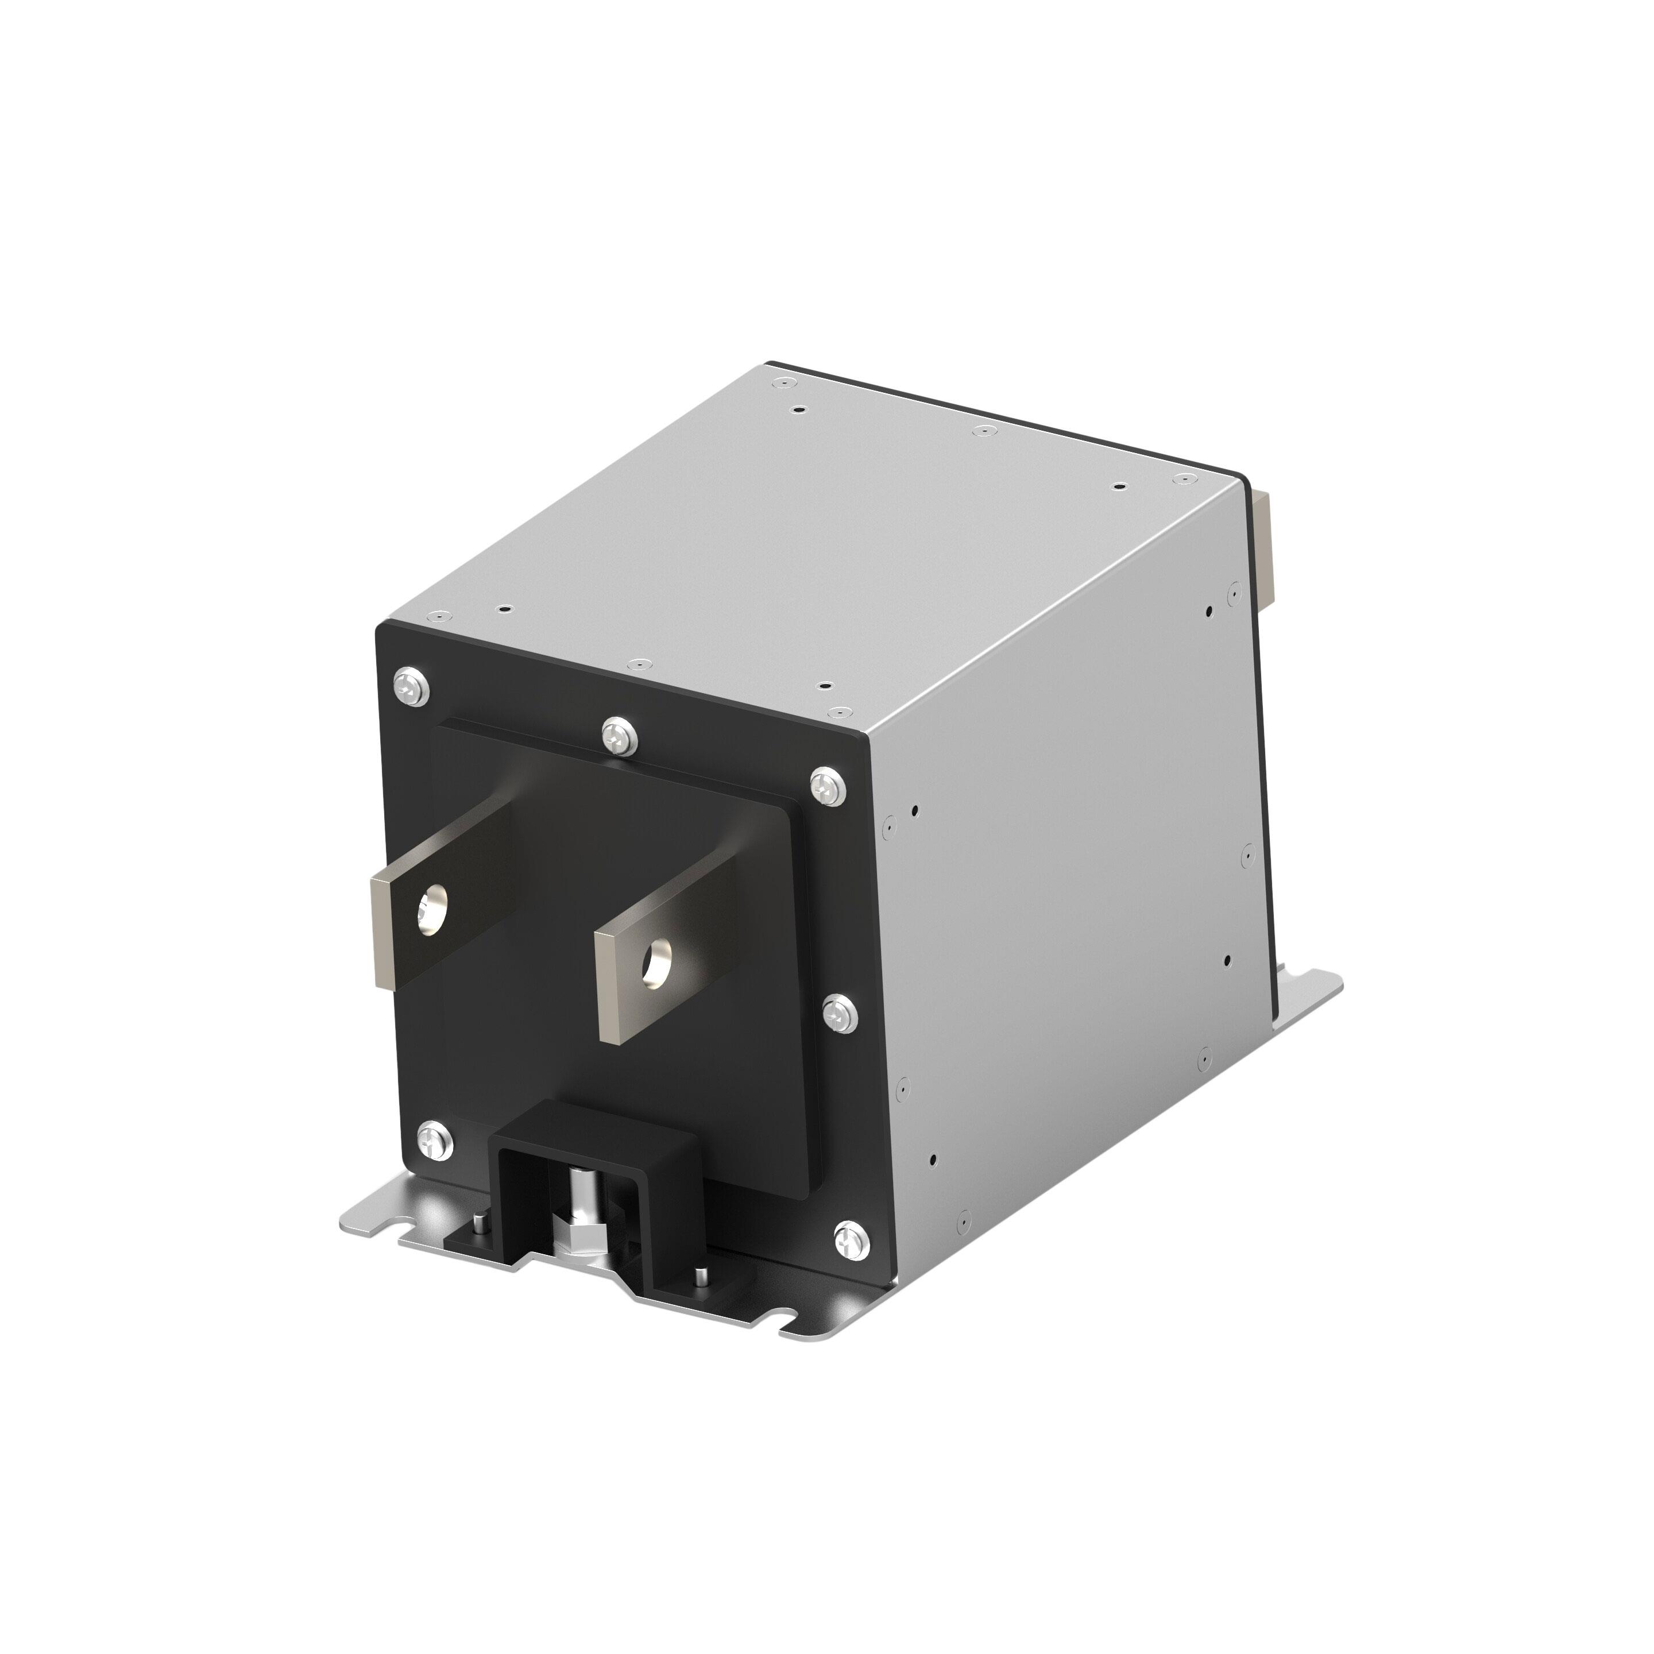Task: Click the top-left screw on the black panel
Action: coord(413,685)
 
